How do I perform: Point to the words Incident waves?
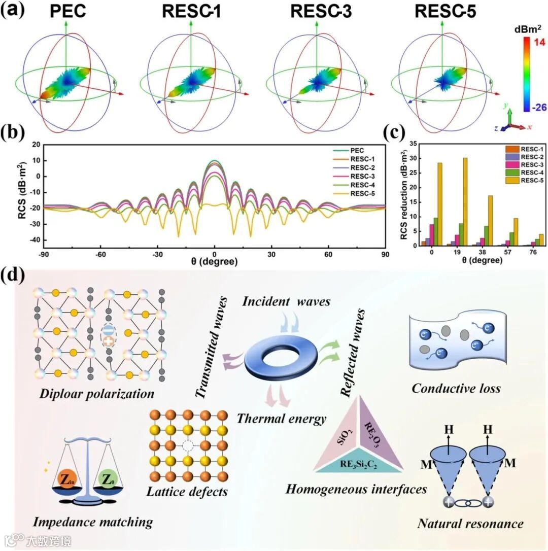tap(286, 301)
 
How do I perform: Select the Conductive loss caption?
tap(456, 389)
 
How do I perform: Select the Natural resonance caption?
tap(470, 523)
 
